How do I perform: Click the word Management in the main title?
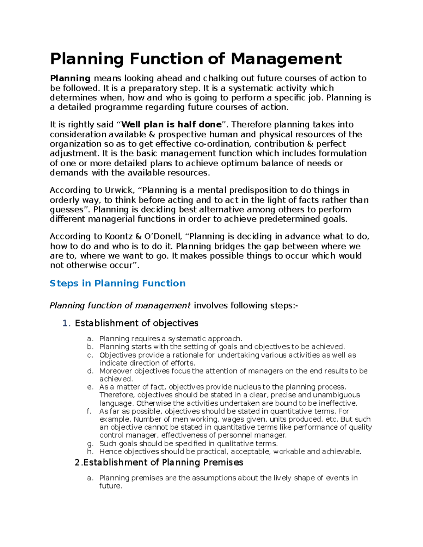click(286, 59)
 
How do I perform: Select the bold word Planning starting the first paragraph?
click(70, 79)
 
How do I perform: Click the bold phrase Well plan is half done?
click(171, 125)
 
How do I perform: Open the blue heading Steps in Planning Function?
click(117, 284)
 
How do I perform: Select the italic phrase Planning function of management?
click(120, 306)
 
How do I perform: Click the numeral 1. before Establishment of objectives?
click(67, 323)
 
